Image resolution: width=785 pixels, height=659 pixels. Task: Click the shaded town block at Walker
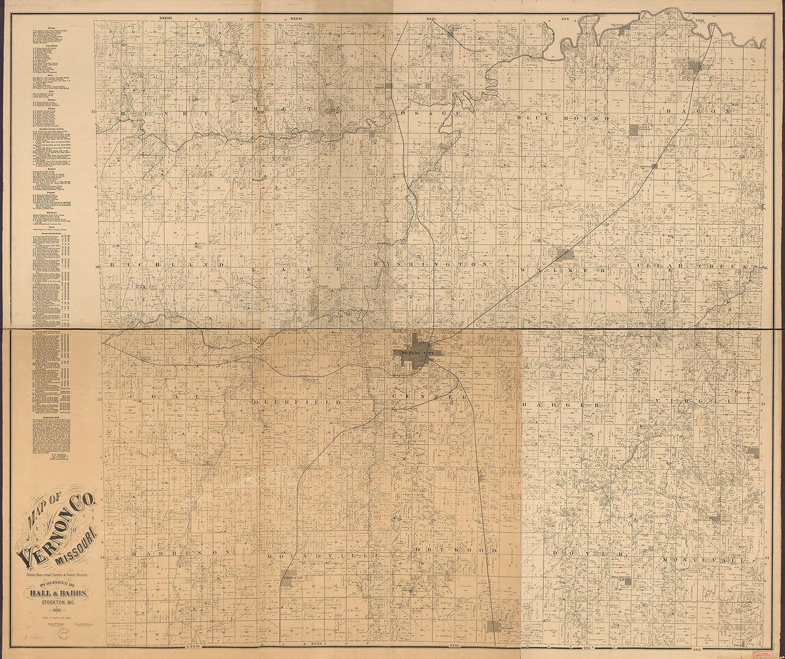click(x=564, y=253)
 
